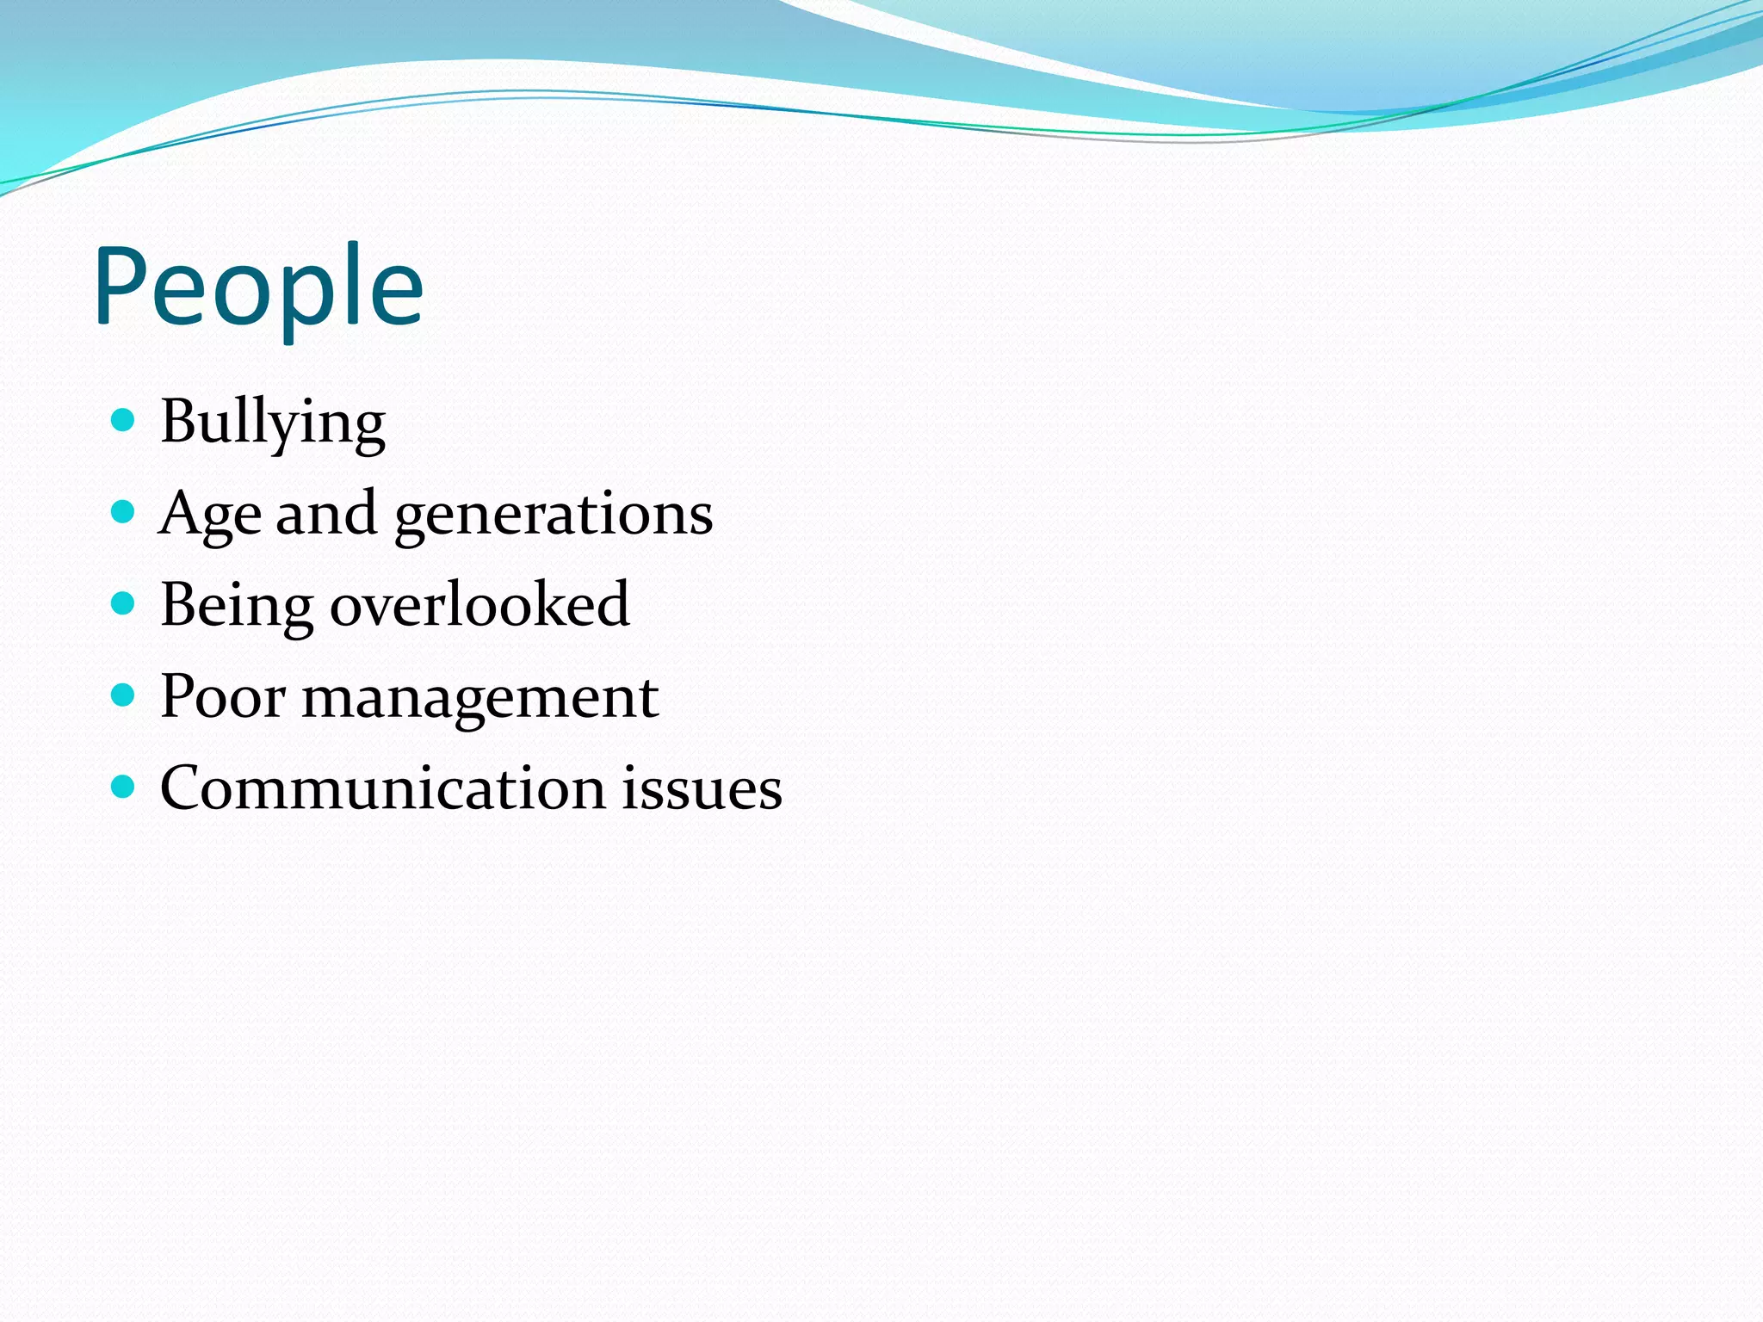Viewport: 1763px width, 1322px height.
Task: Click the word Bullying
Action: click(272, 422)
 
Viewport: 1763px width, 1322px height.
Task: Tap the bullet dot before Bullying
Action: click(124, 420)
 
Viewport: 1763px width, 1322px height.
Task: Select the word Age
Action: click(209, 514)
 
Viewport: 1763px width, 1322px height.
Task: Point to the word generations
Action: click(554, 515)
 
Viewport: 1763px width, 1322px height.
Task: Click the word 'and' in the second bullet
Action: click(326, 513)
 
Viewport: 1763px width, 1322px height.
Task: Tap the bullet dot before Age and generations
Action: click(124, 512)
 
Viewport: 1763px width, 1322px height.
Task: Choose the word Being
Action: click(237, 605)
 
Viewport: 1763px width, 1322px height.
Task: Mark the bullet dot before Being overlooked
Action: click(124, 603)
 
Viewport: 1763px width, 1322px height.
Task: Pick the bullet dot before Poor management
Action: click(124, 695)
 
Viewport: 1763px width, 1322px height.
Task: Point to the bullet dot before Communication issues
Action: click(124, 787)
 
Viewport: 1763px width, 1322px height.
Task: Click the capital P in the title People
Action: click(120, 286)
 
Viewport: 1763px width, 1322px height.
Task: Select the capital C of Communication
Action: click(181, 788)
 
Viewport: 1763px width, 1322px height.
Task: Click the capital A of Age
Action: click(178, 514)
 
